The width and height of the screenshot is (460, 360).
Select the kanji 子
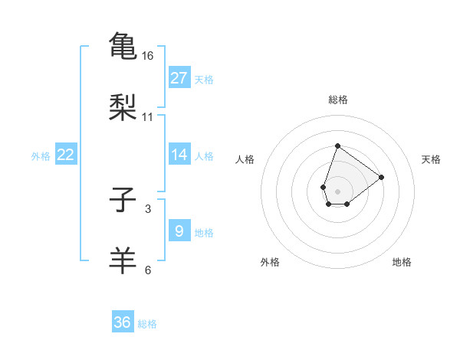pos(123,201)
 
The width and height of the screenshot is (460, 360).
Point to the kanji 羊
pos(123,260)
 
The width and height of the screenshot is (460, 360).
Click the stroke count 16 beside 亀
pos(148,56)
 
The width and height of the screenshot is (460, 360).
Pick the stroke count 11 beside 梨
pos(148,117)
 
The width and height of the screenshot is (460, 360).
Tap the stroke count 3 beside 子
pos(148,208)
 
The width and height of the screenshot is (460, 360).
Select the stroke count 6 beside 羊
pos(148,270)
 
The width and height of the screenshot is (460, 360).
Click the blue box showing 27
pos(179,78)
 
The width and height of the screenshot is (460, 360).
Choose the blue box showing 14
pos(179,155)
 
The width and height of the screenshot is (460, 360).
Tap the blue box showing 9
pos(179,231)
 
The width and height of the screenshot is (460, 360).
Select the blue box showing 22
pos(66,155)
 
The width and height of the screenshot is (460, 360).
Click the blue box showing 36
pos(123,322)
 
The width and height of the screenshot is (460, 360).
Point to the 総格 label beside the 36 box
pos(147,324)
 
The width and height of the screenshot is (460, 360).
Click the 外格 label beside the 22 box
pos(41,156)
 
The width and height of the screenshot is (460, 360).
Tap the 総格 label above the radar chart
pos(337,100)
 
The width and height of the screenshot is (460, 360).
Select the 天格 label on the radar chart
pos(431,159)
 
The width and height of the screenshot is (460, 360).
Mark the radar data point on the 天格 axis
pos(382,176)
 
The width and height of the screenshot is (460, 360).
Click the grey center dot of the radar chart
pos(337,190)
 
